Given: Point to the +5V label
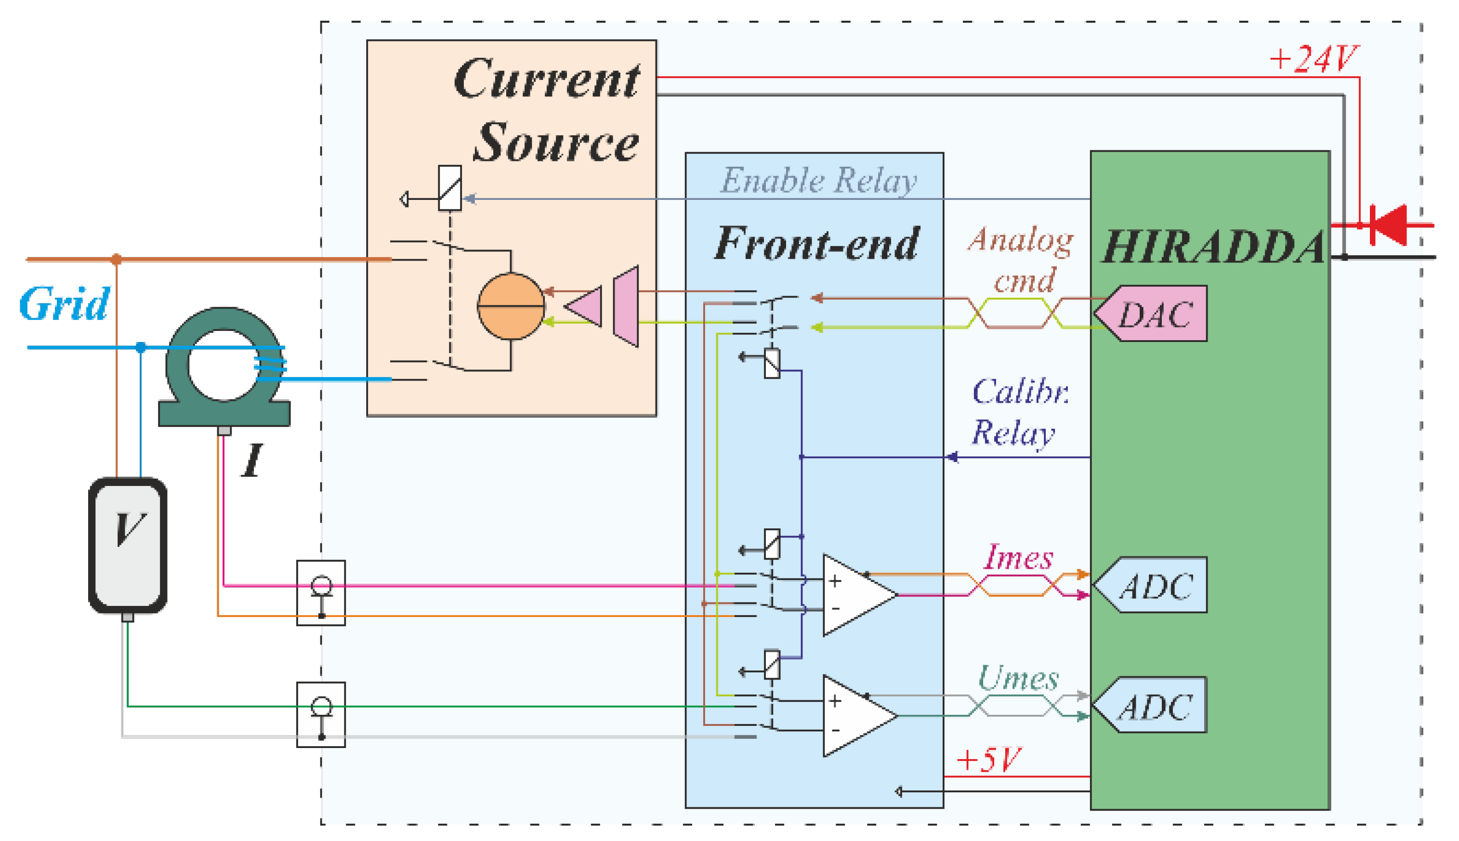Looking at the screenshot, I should [x=988, y=760].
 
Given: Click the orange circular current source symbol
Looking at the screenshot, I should [x=511, y=306].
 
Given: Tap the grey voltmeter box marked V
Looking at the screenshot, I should [x=128, y=545].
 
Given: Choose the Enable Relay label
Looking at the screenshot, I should [x=818, y=181].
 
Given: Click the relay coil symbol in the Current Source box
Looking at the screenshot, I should [x=449, y=188].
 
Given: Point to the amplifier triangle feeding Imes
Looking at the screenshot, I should [x=856, y=595].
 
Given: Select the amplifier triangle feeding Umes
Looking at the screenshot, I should [x=856, y=716].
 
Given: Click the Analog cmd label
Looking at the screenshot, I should [x=1021, y=259].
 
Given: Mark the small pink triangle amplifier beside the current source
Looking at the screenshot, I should [x=585, y=306].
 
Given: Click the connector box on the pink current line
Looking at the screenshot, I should [x=321, y=592].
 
